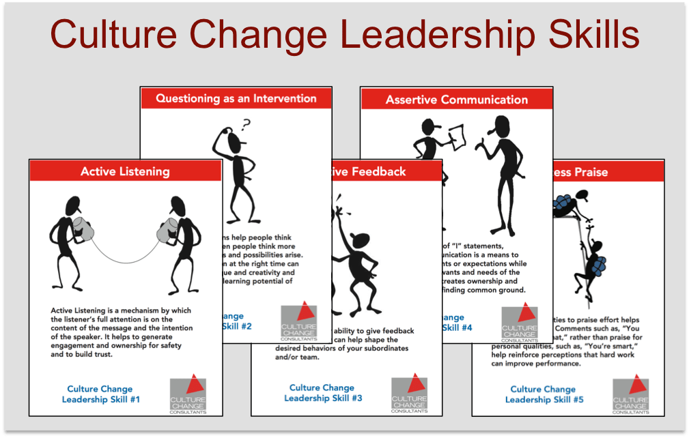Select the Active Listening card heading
coord(126,171)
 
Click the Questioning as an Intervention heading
coord(236,98)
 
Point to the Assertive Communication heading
coord(456,100)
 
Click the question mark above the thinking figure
coord(246,124)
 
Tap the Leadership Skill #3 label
coord(322,393)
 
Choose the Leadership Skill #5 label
coord(544,394)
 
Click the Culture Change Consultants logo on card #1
coord(187,392)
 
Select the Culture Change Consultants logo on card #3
coord(409,392)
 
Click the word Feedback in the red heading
coord(383,171)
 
